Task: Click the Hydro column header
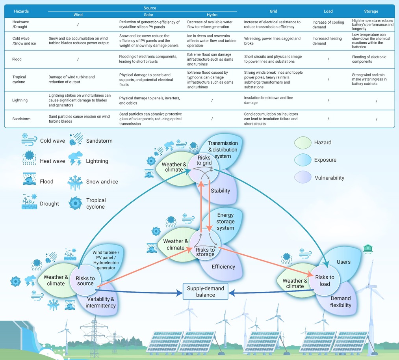pos(212,15)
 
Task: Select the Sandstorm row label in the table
pos(21,119)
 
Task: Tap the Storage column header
pos(371,11)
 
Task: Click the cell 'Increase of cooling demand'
pos(328,24)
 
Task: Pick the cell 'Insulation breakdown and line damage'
pos(269,100)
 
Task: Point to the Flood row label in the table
pos(17,59)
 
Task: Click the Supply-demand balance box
pos(205,291)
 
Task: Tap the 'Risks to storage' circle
pos(205,244)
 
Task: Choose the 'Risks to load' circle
pos(324,280)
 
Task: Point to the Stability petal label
pos(220,190)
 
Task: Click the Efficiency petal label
pos(223,267)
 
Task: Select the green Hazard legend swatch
pos(302,143)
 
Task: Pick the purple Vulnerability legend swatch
pos(302,177)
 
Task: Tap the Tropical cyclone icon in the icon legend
pos(75,203)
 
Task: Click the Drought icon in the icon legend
pos(29,201)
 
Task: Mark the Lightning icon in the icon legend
pos(75,159)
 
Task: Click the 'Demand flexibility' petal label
pos(340,302)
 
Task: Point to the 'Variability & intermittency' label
pos(100,302)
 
